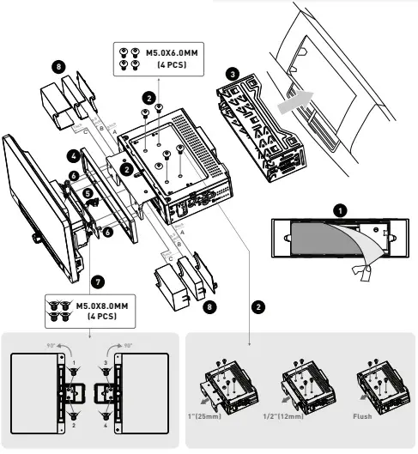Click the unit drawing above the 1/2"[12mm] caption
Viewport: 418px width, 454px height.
pos(305,386)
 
